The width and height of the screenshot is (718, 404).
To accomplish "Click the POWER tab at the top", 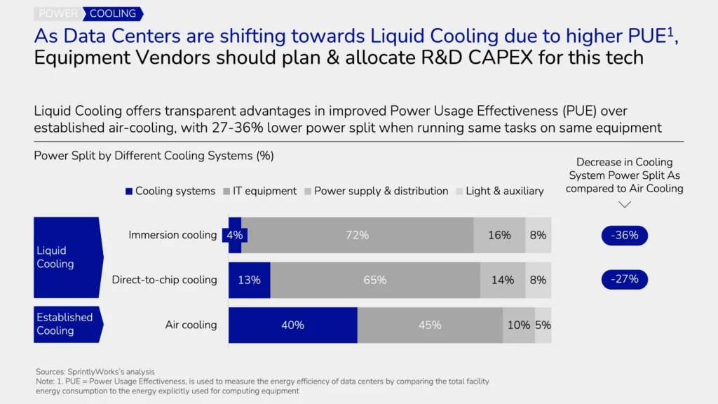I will tap(58, 13).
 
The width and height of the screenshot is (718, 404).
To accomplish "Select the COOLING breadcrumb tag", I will tap(113, 13).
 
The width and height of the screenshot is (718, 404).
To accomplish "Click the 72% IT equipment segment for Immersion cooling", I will tap(357, 235).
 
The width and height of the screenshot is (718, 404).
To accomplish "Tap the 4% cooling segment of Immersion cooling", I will tap(234, 235).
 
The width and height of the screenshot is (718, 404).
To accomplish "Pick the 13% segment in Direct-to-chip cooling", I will tap(249, 280).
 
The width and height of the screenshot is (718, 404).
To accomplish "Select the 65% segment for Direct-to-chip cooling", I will tap(374, 280).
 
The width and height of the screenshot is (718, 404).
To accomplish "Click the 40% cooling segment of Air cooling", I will tap(292, 325).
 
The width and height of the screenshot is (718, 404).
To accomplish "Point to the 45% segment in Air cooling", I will tap(430, 325).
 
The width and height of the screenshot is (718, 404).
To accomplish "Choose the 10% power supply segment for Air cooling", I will tap(519, 325).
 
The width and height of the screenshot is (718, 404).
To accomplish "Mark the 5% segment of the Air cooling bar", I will tap(543, 325).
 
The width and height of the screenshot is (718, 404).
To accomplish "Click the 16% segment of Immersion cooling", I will tap(499, 235).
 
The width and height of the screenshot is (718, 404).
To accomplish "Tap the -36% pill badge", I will tap(624, 235).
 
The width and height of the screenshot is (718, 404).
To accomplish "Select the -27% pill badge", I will tap(624, 279).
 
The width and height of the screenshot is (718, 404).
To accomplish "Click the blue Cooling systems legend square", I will tap(129, 191).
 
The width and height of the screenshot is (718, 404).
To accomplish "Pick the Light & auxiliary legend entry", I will tap(500, 191).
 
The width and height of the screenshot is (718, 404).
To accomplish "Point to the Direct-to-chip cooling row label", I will tap(164, 280).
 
